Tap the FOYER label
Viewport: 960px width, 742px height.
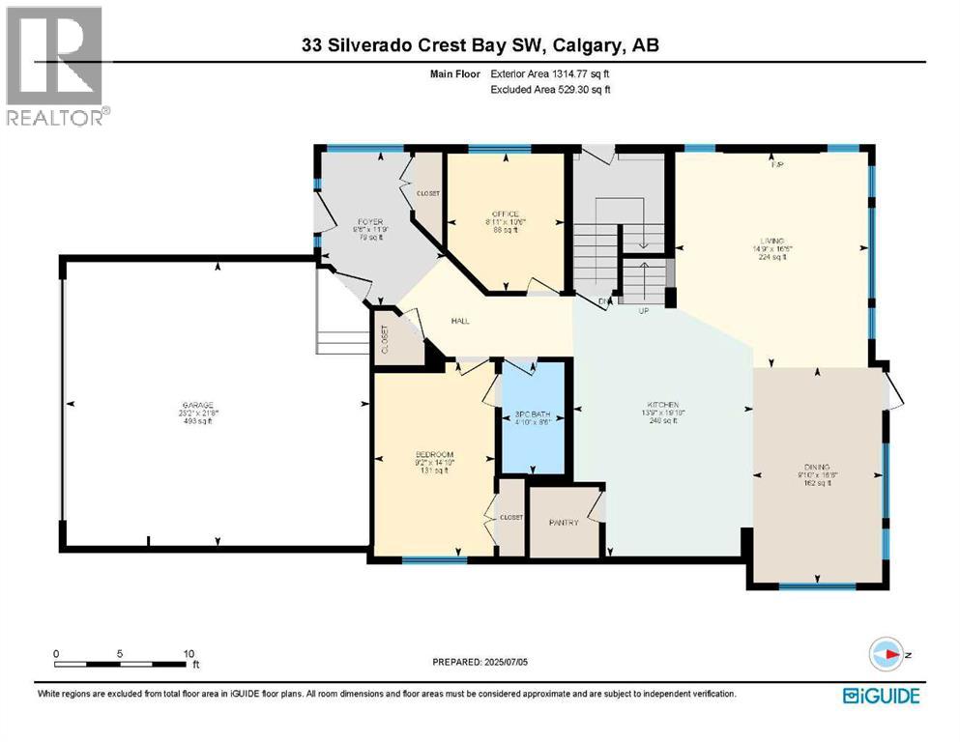click(x=370, y=222)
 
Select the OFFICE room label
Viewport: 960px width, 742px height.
click(x=505, y=214)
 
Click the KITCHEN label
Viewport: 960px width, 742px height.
click(x=662, y=405)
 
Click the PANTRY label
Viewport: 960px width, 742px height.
click(x=563, y=523)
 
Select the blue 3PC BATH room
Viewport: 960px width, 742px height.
click(x=532, y=417)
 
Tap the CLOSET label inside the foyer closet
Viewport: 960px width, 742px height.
click(x=428, y=193)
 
